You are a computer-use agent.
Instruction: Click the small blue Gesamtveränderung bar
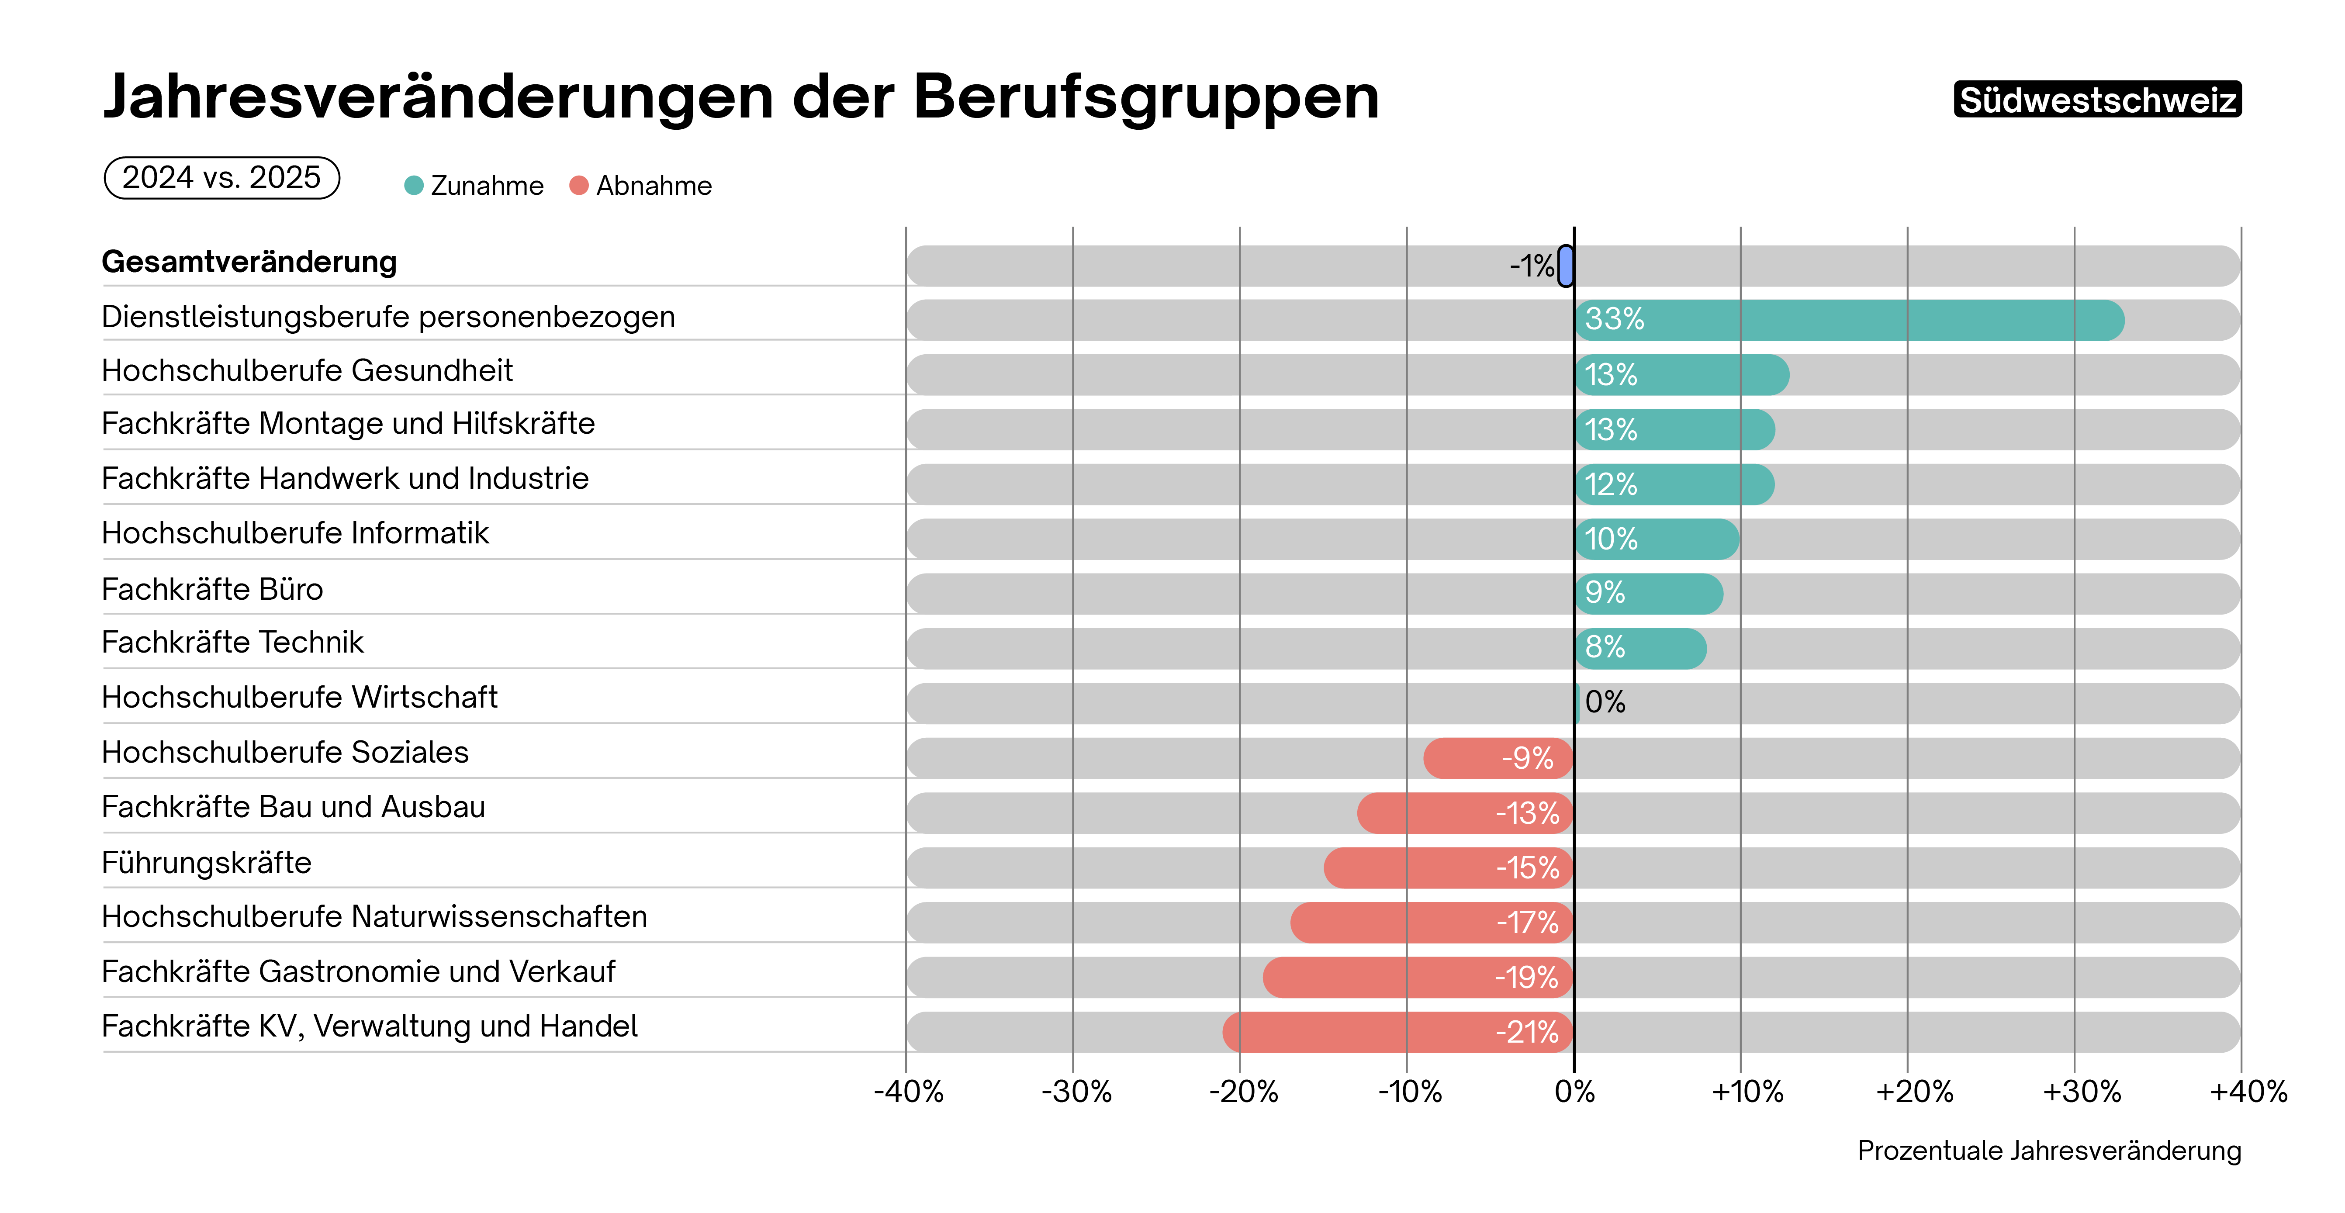pos(1565,266)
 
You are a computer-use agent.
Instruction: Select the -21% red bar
pos(1397,1032)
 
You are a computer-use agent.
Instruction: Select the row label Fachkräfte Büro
pos(212,589)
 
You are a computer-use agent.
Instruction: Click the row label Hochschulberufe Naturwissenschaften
pos(374,916)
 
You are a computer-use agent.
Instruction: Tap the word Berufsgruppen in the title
pos(1145,97)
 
